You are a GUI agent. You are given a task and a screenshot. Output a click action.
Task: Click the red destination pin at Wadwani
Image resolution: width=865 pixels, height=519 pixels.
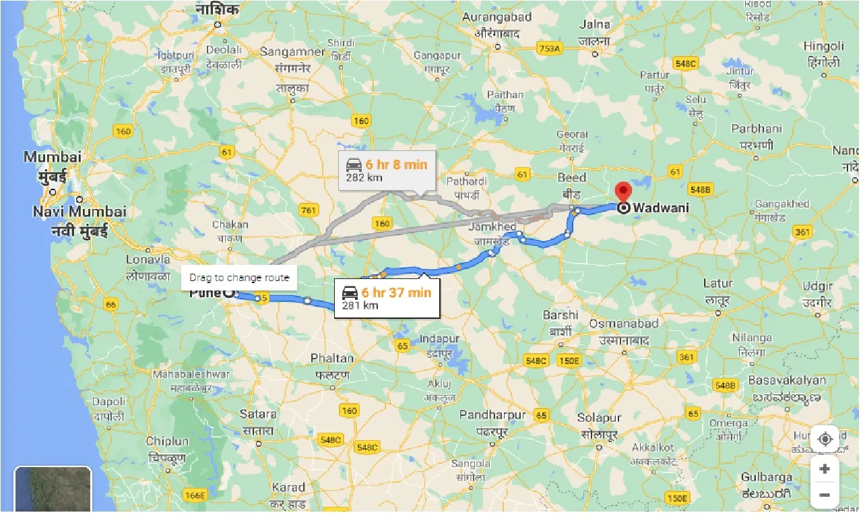click(623, 191)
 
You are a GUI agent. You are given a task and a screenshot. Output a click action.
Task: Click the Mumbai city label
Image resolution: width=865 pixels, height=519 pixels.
click(53, 157)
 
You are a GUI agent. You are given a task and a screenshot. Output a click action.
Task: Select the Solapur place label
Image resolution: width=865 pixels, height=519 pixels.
click(599, 419)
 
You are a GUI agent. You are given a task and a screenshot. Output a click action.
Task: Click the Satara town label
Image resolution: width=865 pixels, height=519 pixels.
click(258, 415)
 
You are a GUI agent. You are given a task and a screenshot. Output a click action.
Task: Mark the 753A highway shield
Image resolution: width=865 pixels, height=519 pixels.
click(550, 49)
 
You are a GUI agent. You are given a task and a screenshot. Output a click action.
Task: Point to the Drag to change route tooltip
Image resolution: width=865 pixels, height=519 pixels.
click(239, 277)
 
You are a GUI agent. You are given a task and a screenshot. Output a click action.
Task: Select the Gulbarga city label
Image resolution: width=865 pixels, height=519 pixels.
click(767, 477)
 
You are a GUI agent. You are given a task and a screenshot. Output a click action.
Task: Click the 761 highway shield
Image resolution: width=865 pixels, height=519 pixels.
click(308, 211)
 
